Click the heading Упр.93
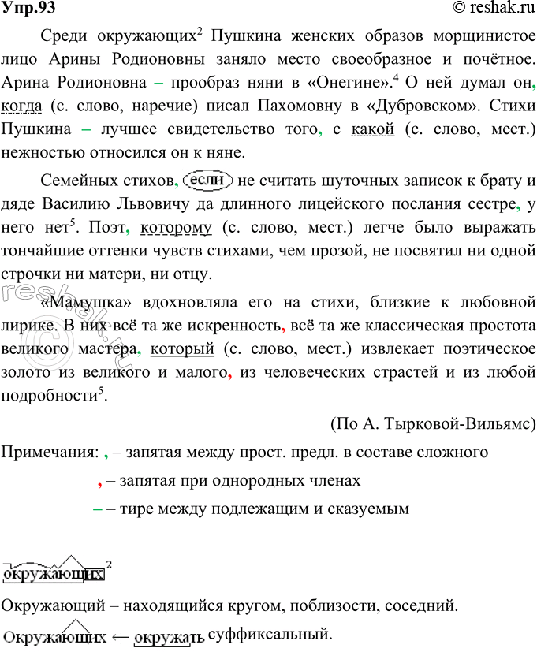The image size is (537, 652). pos(28,9)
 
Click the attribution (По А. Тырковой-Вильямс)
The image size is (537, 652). pos(432,426)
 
